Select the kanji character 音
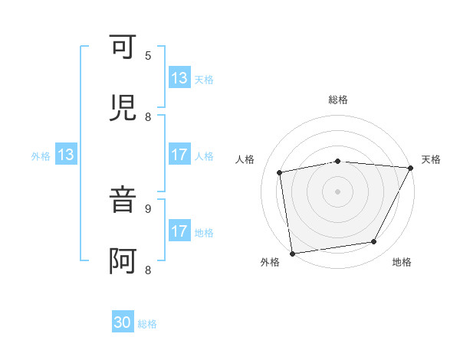124,200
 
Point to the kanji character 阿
124,261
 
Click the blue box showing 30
123,323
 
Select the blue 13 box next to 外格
66,155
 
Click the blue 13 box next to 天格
179,78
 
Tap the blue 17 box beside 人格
179,155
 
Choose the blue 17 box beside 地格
179,231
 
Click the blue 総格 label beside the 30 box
147,324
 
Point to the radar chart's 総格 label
337,100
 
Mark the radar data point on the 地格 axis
374,242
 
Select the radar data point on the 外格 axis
292,253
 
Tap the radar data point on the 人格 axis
280,172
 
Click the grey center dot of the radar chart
337,191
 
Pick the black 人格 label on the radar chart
245,159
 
